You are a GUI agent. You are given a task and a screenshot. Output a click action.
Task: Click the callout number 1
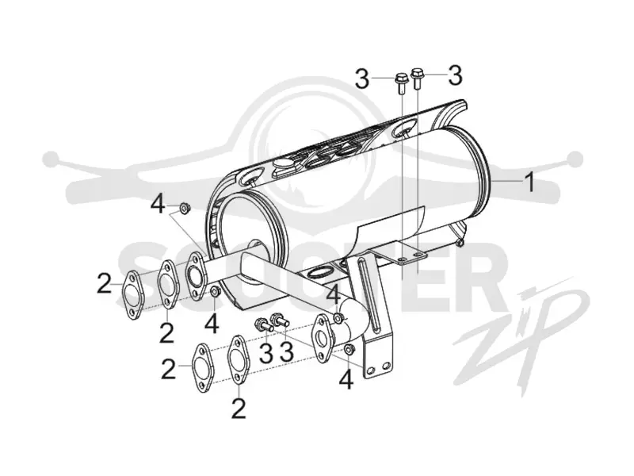pos(529,182)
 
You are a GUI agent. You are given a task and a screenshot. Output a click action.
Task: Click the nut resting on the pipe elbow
pos(338,319)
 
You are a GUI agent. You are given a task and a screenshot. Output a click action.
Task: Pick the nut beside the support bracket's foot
pos(349,349)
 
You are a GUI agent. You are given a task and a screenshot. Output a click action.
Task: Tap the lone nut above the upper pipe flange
pos(185,208)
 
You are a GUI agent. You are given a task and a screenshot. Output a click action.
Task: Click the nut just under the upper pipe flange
pos(215,290)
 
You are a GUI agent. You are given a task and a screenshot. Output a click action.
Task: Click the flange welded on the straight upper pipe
pos(195,275)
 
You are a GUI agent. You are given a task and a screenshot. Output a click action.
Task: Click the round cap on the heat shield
pos(283,166)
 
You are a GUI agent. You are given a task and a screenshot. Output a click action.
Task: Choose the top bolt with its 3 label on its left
pos(401,84)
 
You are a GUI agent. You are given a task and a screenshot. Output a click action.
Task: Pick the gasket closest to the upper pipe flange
pos(166,286)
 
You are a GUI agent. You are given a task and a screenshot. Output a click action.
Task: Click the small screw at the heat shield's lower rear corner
pos(459,243)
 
